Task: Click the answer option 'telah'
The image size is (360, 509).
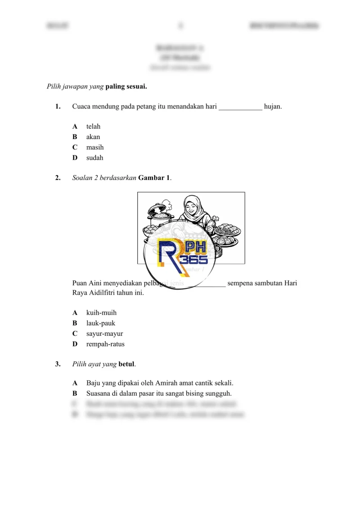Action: tap(93, 126)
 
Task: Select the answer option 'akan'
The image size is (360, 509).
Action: tap(93, 137)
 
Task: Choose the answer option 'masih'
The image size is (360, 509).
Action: tap(95, 147)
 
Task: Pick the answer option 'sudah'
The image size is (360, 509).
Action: tap(94, 158)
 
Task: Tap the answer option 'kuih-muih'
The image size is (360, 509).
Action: tap(101, 312)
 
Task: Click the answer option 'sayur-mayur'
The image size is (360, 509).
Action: tap(104, 333)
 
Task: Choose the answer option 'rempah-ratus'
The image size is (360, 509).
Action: tap(105, 344)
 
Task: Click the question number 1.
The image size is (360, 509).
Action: tap(58, 107)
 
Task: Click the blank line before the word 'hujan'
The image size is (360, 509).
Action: tap(240, 108)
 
